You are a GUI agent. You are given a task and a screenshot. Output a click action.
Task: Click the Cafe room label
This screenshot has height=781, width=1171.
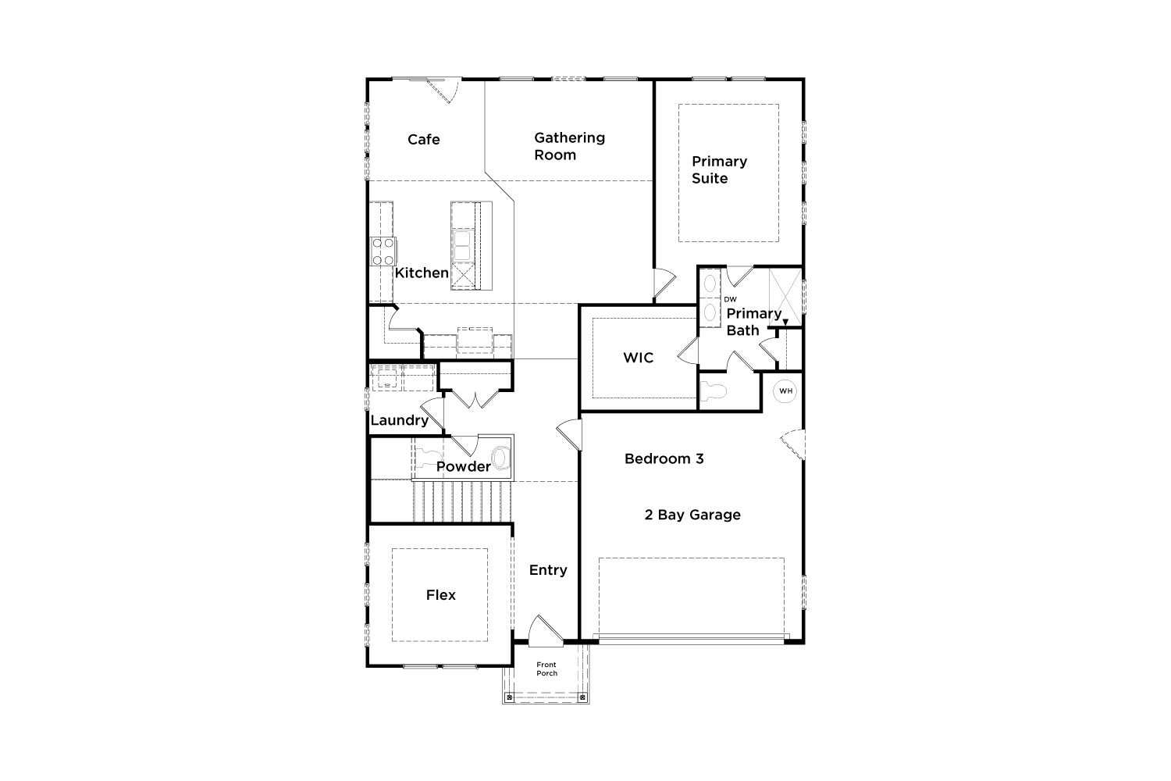click(423, 140)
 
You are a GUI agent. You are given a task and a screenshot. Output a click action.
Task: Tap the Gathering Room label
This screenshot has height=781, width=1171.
click(569, 146)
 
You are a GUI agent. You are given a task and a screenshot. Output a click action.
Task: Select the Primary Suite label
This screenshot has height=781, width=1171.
click(719, 169)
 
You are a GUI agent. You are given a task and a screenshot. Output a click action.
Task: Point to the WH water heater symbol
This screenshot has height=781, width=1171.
click(785, 390)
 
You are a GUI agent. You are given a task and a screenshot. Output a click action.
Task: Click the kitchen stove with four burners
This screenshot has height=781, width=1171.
click(383, 251)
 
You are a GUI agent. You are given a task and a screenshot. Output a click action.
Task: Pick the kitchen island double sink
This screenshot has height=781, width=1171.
click(462, 246)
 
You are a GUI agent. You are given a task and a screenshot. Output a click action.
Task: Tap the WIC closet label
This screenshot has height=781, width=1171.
click(639, 358)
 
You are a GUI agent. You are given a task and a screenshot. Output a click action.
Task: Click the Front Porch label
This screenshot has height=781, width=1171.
click(546, 669)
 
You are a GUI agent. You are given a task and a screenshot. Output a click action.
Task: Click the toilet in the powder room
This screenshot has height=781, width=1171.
click(500, 458)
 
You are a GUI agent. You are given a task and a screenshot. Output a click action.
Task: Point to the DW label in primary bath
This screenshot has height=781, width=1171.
click(730, 299)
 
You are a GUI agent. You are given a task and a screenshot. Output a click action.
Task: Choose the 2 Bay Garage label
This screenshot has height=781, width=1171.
click(692, 515)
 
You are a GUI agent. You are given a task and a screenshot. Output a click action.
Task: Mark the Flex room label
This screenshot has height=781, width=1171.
click(441, 595)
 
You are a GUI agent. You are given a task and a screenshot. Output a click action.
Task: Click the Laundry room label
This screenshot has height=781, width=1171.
click(400, 421)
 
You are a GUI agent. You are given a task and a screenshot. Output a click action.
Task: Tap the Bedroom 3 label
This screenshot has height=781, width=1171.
click(664, 458)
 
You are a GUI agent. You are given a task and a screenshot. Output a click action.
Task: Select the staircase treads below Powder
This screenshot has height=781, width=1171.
click(462, 501)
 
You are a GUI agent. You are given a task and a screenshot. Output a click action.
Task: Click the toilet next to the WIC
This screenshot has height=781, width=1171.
click(714, 390)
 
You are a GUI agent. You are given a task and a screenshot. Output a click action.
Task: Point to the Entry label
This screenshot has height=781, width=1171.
click(548, 570)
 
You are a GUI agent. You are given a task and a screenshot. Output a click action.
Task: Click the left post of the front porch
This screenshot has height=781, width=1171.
click(509, 697)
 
